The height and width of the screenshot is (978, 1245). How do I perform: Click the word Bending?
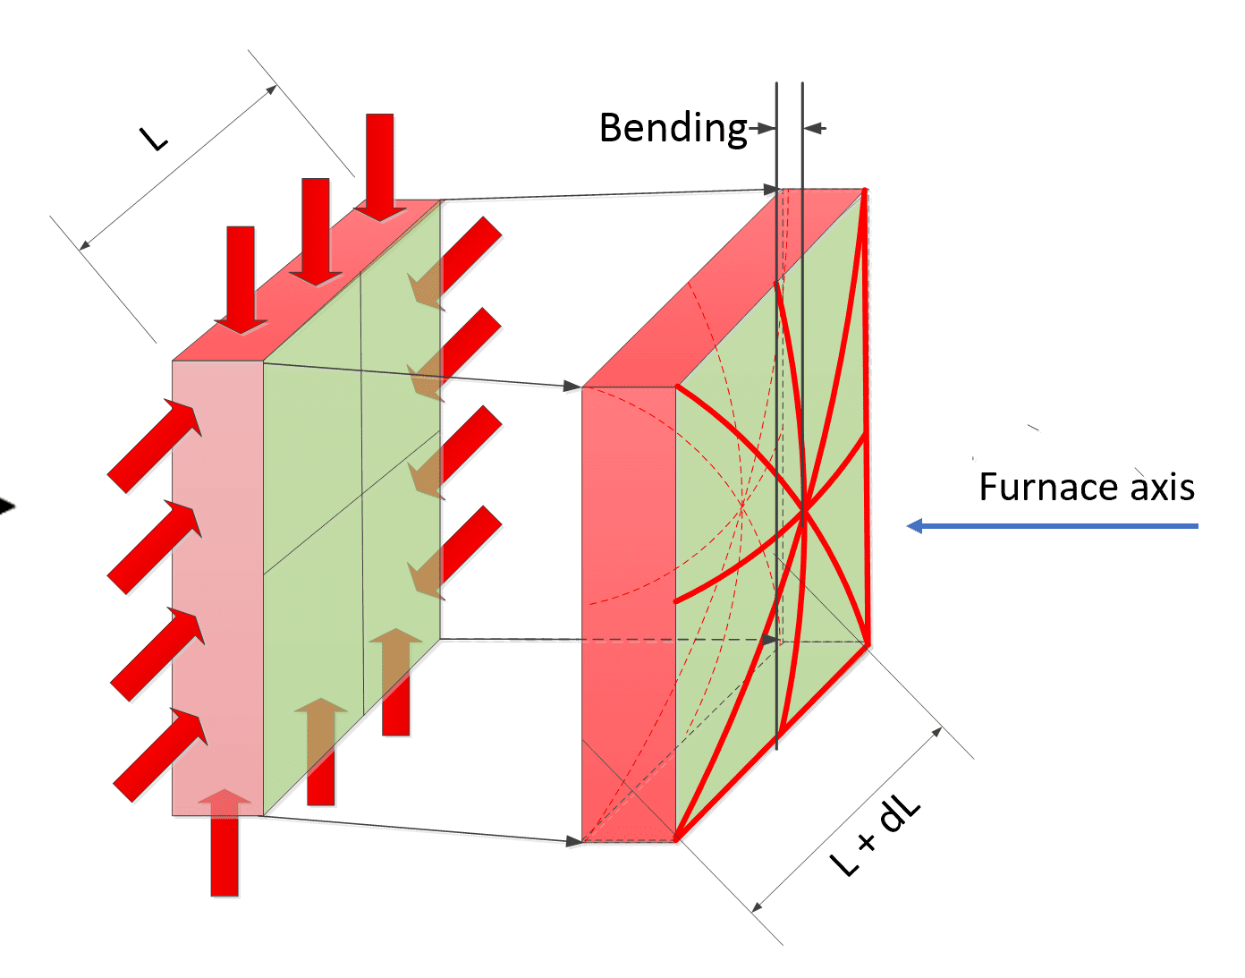673,129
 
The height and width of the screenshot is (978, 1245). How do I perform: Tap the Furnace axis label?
1086,488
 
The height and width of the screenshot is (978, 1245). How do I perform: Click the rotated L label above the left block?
154,137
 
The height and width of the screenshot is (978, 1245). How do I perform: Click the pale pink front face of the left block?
217,582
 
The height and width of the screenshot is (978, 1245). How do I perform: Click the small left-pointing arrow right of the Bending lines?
815,129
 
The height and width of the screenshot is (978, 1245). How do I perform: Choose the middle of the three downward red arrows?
316,231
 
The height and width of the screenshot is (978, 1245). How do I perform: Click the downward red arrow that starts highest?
380,166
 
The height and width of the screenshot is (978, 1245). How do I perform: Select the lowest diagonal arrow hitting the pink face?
161,754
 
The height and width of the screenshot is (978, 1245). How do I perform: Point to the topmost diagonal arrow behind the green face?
456,262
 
